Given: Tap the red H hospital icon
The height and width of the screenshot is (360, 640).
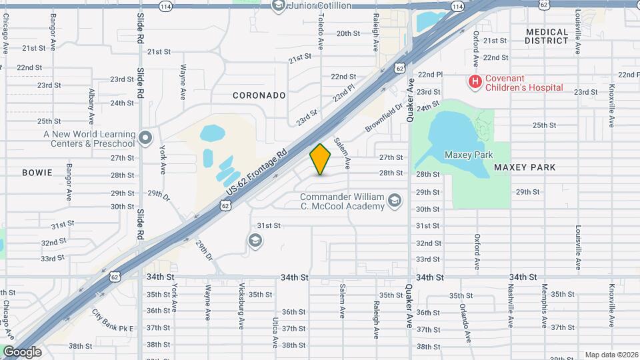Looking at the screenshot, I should pos(475,82).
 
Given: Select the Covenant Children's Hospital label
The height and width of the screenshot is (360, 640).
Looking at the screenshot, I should pos(524,82).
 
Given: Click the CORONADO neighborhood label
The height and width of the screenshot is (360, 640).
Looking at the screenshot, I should pos(259,95).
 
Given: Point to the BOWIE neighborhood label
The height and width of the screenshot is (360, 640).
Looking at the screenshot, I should pos(37,173).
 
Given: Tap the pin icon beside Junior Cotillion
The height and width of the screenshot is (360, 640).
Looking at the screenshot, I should pos(279,6).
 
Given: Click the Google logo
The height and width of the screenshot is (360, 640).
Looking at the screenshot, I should pos(22,352).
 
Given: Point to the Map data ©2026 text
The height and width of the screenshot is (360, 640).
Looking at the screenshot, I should pos(612,355).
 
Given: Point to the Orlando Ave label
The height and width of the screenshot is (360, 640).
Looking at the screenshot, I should pos(461,318).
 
